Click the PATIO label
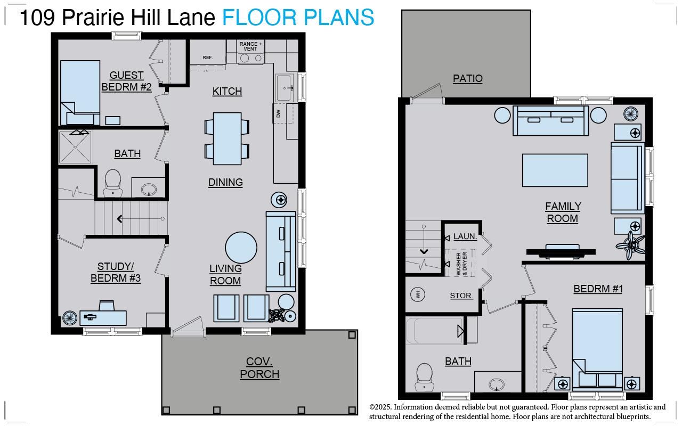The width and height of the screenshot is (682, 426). point(467,78)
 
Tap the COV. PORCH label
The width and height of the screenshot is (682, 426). point(259,368)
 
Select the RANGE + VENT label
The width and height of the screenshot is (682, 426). point(250,46)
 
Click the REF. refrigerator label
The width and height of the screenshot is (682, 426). point(208,58)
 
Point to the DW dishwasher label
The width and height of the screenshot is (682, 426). point(278,113)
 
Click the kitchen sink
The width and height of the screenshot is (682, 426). point(283,87)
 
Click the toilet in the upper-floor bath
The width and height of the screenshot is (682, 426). point(112,181)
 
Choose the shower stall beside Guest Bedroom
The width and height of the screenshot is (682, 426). point(75,146)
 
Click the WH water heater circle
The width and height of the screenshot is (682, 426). point(418,294)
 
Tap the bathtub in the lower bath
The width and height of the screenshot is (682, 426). point(435,331)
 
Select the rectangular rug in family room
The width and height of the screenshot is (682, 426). point(555,170)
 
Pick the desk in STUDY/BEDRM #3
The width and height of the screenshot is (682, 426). point(103,316)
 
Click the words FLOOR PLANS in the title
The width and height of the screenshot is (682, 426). point(298,18)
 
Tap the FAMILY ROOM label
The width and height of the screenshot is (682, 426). point(563,212)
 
